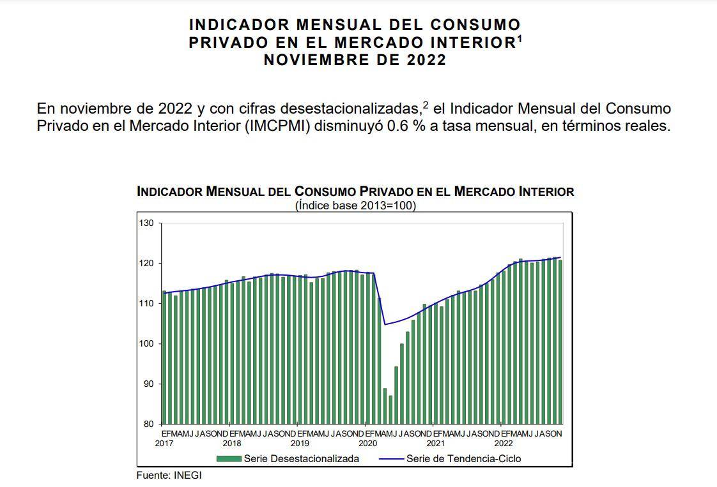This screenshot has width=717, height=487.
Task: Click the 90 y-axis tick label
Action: (x=148, y=384)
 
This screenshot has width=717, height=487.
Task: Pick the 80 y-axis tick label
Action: (x=148, y=424)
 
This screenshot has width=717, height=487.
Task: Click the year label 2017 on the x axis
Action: (x=164, y=443)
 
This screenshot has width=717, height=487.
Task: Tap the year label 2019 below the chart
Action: (x=300, y=443)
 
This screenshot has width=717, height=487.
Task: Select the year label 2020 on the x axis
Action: (x=367, y=443)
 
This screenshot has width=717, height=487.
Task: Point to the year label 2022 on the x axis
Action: (x=504, y=443)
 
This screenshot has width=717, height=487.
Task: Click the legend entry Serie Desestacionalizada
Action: (x=301, y=458)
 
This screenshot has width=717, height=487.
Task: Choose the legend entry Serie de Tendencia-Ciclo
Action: (x=463, y=458)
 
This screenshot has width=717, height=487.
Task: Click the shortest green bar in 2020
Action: (x=390, y=410)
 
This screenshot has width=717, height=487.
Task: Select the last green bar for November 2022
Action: (x=560, y=341)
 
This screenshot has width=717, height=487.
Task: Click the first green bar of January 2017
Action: (x=164, y=357)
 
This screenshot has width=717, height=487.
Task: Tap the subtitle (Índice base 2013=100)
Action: (x=355, y=206)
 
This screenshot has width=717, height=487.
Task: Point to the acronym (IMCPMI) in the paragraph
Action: (x=278, y=125)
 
